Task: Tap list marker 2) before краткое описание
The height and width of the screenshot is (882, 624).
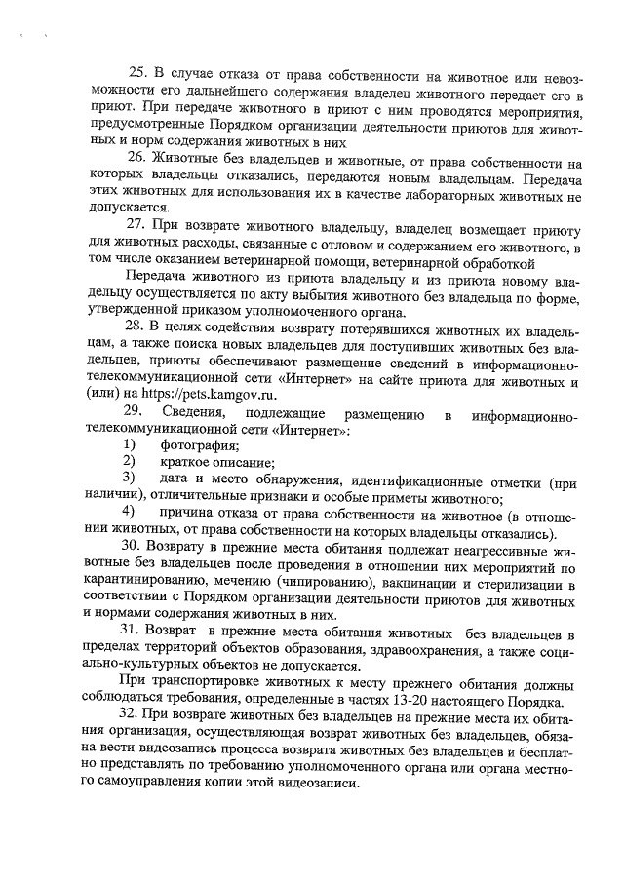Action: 127,460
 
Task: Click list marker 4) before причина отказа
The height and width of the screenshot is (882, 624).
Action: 127,513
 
